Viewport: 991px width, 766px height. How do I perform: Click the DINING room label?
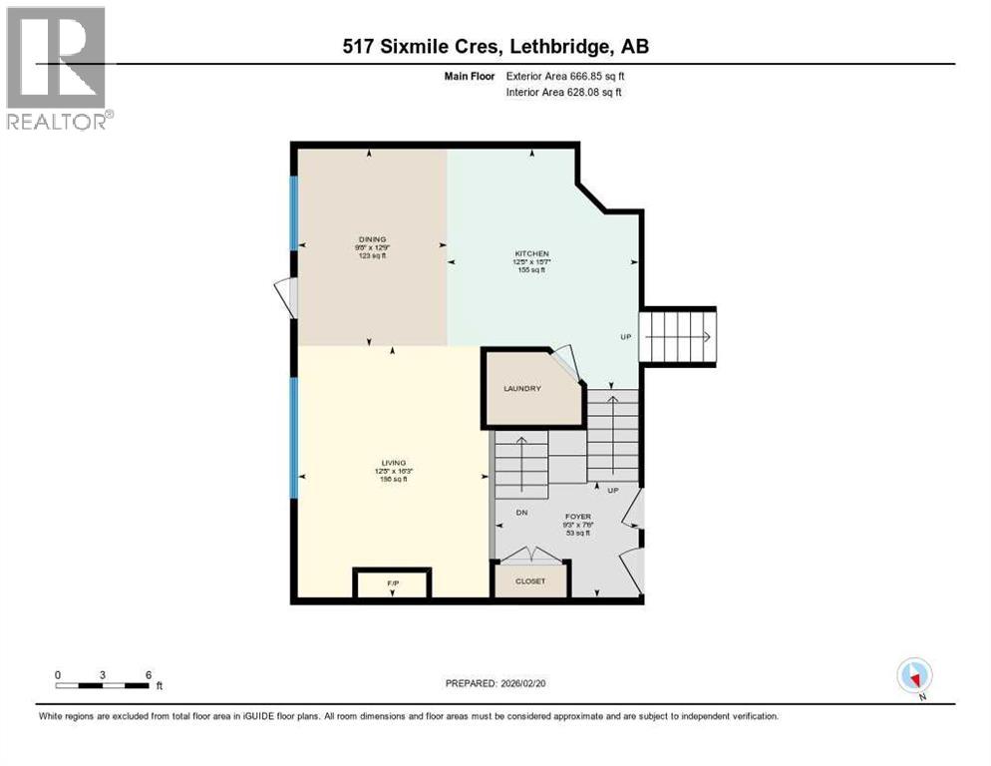[x=372, y=239]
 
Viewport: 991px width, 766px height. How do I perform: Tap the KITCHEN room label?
[x=531, y=254]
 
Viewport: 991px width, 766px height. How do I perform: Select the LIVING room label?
[x=394, y=463]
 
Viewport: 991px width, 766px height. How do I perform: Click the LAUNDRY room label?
[x=521, y=388]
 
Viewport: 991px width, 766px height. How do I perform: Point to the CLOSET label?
[x=530, y=580]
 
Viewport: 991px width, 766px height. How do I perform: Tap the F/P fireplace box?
[x=392, y=582]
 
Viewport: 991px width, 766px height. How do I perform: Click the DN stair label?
[x=520, y=513]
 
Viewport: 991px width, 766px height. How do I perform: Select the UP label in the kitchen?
[x=626, y=337]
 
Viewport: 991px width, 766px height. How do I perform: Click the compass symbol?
[x=914, y=676]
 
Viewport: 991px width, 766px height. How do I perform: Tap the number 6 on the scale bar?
[x=149, y=674]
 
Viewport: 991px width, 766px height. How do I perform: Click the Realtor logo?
[x=57, y=68]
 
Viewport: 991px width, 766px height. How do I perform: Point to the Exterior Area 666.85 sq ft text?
[x=565, y=76]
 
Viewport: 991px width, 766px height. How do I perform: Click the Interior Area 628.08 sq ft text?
[x=563, y=93]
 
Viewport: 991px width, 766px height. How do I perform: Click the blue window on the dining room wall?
[x=293, y=212]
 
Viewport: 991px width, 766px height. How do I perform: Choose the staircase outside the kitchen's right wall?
[x=678, y=337]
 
